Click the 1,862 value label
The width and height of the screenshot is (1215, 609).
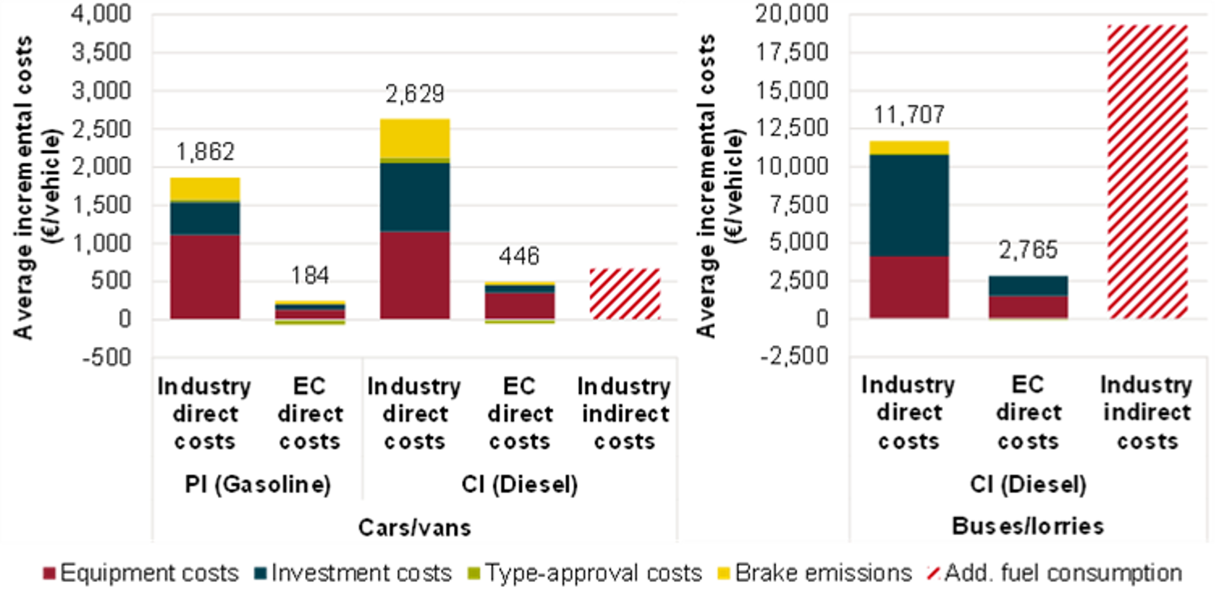(205, 152)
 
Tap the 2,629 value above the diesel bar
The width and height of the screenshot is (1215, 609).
(414, 94)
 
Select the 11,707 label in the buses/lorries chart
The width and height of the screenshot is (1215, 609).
(909, 115)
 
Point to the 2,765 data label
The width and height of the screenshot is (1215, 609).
(1028, 250)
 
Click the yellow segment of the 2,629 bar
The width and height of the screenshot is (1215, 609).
(414, 138)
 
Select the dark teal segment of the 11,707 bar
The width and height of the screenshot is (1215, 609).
(909, 205)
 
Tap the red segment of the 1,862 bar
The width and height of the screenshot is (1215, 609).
(205, 276)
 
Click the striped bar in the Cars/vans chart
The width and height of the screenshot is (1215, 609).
(625, 293)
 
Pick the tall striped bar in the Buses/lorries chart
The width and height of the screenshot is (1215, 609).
(1147, 171)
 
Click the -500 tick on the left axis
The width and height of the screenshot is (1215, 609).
(107, 358)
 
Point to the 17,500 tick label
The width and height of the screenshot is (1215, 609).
(792, 52)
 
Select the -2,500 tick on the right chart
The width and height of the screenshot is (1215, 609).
(794, 357)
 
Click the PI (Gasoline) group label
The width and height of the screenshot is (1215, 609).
(258, 484)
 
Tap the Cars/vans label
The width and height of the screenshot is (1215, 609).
(414, 527)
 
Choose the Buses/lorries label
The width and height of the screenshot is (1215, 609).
(1028, 526)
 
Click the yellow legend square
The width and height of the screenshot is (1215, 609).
(723, 573)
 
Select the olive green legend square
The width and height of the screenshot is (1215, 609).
(473, 573)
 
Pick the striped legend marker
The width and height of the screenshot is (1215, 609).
(933, 573)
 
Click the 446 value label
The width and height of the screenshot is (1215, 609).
(519, 257)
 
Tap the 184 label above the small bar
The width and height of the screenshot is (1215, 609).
(309, 276)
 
